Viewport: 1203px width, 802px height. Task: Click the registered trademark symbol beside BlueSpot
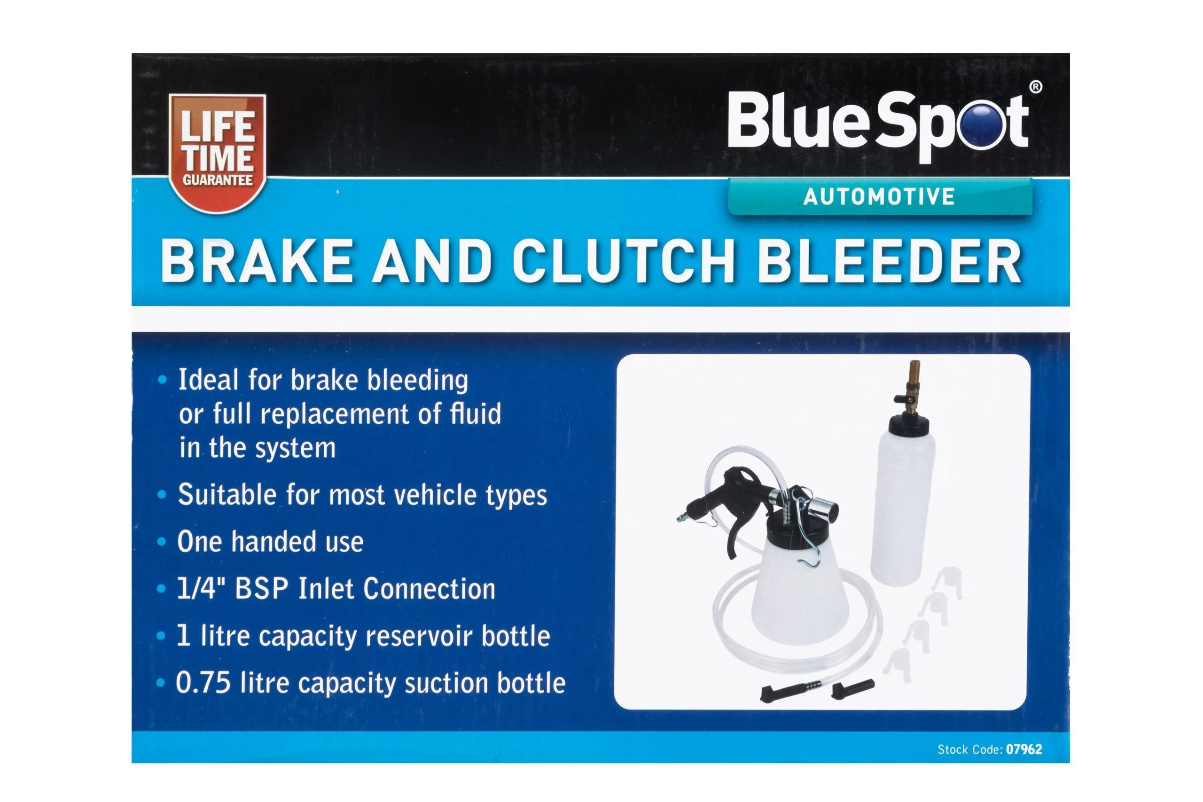(1035, 87)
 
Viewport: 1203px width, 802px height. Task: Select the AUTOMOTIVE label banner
(880, 197)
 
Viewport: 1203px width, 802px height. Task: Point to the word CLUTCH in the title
(623, 262)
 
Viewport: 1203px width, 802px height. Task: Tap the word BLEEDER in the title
(889, 262)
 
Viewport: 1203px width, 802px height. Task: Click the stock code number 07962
(1023, 749)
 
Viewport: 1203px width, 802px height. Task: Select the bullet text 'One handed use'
(270, 542)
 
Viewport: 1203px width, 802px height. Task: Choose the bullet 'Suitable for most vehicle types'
(362, 495)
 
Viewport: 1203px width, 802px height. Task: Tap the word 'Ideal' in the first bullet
(208, 380)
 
